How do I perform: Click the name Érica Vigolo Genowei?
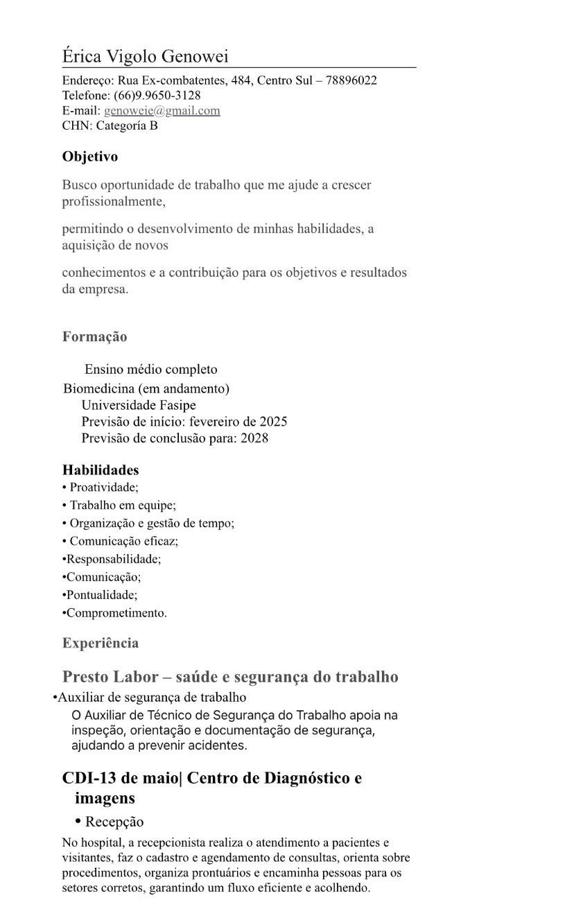pyautogui.click(x=145, y=56)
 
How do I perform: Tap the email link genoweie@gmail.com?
pyautogui.click(x=162, y=111)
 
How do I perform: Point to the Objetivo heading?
pyautogui.click(x=90, y=157)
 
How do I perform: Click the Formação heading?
pyautogui.click(x=95, y=337)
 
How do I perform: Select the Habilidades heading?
pyautogui.click(x=101, y=470)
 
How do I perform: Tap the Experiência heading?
pyautogui.click(x=101, y=643)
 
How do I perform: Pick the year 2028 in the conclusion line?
pyautogui.click(x=254, y=438)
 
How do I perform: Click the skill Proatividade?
pyautogui.click(x=104, y=487)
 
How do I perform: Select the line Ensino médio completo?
pyautogui.click(x=151, y=370)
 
